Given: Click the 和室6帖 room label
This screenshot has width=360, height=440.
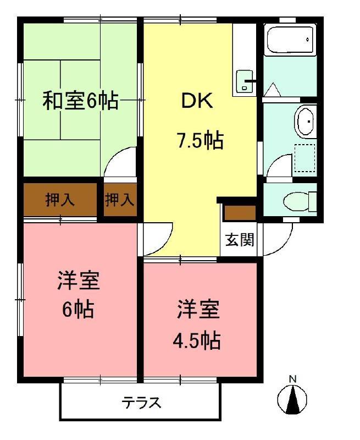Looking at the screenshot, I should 81,101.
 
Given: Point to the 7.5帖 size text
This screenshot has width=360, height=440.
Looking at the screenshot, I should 200,141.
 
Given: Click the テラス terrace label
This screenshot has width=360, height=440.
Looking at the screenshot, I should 142,403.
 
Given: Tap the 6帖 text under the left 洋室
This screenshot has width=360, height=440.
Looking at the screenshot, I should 77,310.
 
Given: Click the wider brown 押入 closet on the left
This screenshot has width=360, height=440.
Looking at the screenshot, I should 60,200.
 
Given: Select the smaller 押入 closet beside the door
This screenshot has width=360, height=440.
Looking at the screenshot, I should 119,200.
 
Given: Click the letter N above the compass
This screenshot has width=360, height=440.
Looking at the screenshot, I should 293,379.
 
